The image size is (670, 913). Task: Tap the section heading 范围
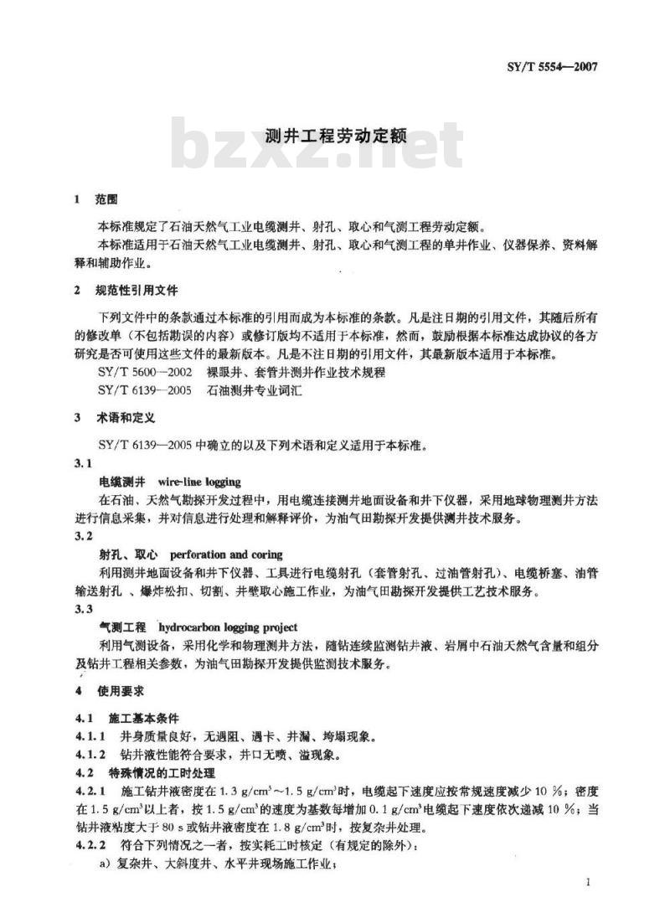[x=106, y=201]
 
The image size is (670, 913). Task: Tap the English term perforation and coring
[x=226, y=555]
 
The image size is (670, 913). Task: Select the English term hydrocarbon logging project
[x=228, y=627]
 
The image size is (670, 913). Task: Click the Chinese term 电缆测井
[x=123, y=482]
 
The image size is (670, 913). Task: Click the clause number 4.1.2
[x=90, y=755]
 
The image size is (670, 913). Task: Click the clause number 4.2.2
[x=90, y=844]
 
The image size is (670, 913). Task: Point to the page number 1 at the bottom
[x=590, y=883]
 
